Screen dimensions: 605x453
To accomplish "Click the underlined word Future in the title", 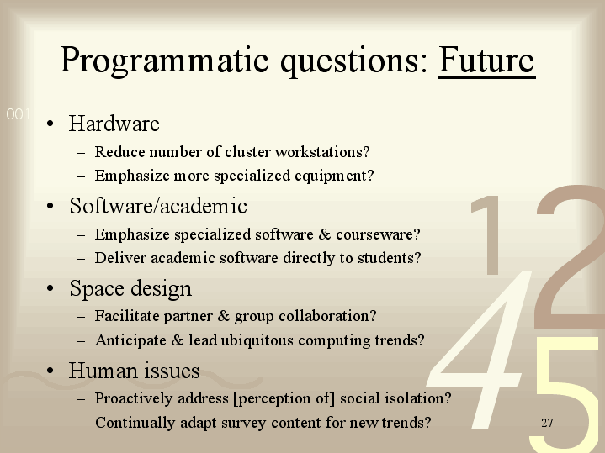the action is (x=487, y=61).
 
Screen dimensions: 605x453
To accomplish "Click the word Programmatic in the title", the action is (x=164, y=61).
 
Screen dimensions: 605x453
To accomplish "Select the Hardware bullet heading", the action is (x=114, y=124).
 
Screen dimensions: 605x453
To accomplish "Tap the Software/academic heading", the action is (x=158, y=206).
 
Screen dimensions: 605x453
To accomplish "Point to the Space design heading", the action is (x=130, y=289).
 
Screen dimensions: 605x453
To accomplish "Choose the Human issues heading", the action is (x=135, y=371).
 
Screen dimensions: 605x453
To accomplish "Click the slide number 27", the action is (x=547, y=423).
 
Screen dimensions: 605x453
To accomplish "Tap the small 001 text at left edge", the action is (x=19, y=114).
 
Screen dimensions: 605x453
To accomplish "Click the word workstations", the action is (x=322, y=152).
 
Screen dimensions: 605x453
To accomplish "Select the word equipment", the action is (x=335, y=176).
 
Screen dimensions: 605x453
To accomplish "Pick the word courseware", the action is (x=378, y=234).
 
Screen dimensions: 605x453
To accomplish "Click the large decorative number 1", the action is (x=487, y=234).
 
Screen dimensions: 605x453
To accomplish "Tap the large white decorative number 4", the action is (x=480, y=349).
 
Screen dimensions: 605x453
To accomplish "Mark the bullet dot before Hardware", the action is (x=50, y=124).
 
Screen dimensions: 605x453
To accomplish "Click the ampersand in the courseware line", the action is (x=325, y=234).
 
